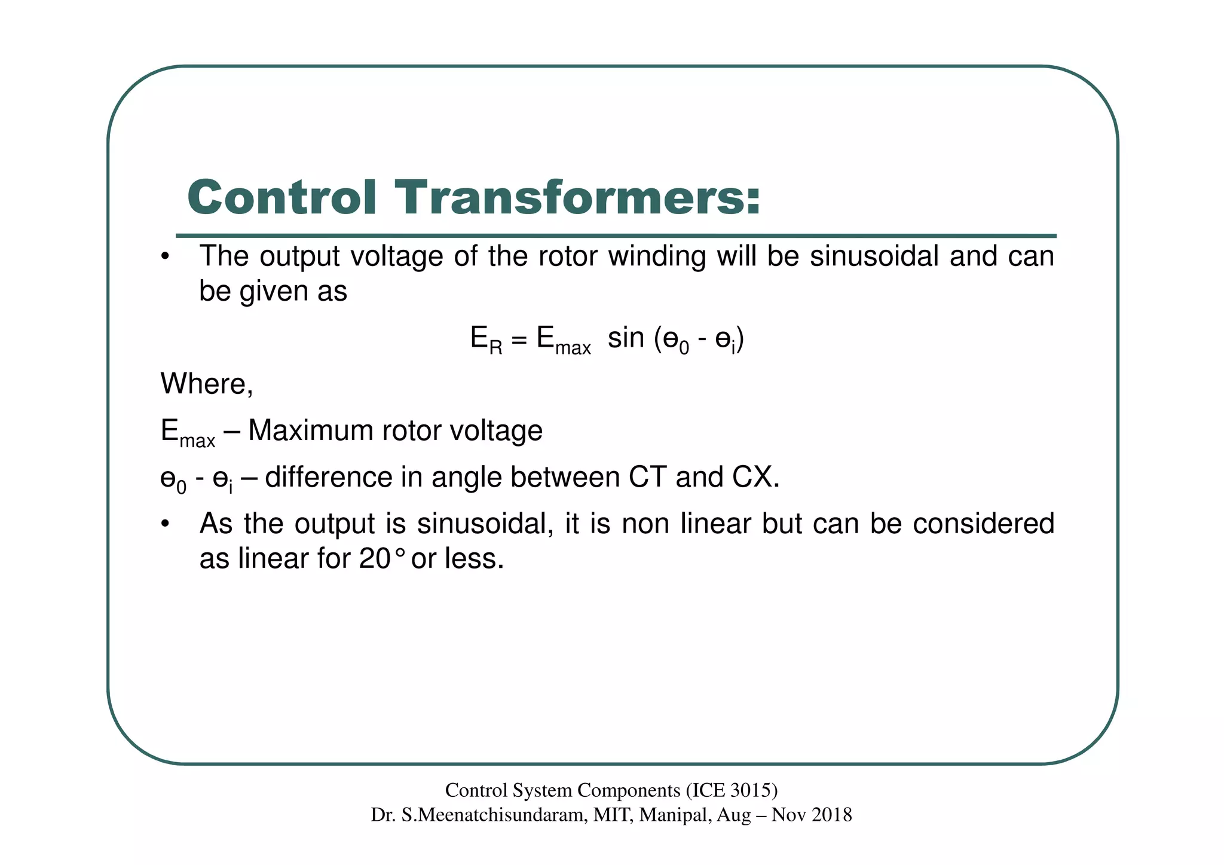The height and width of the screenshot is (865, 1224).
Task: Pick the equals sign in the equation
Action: (x=519, y=340)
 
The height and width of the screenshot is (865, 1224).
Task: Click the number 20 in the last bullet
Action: (x=375, y=559)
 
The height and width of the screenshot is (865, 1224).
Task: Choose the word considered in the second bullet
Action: (x=983, y=524)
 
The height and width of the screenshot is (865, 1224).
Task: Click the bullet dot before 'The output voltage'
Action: (x=166, y=258)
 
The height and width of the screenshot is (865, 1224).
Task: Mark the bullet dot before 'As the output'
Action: (x=166, y=525)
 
